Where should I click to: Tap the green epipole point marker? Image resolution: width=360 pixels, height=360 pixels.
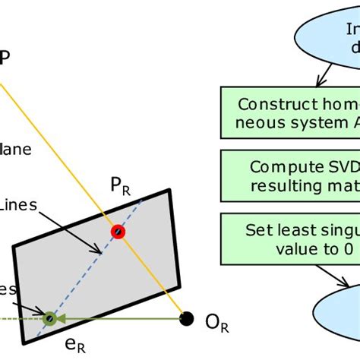tap(50, 318)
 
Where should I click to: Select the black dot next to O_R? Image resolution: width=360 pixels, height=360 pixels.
tap(185, 317)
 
